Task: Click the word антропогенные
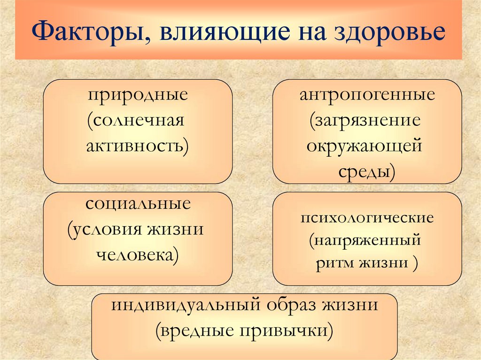point(367,96)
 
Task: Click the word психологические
point(367,218)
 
